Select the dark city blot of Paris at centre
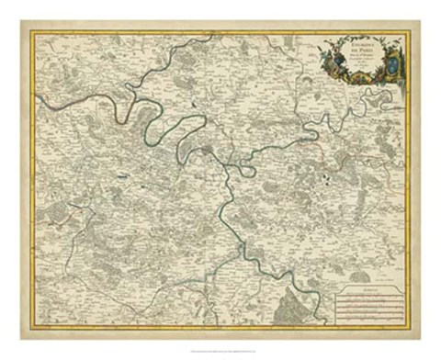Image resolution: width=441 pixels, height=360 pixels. click(x=212, y=146)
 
